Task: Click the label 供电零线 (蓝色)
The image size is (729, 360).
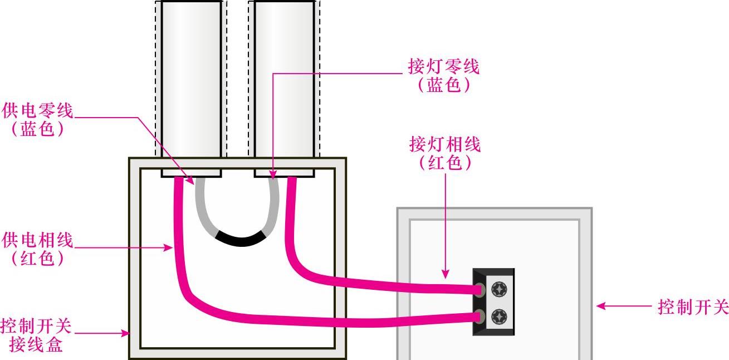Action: tap(37, 119)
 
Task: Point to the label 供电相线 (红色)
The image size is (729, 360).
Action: tap(37, 249)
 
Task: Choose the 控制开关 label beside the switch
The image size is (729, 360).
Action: tap(693, 306)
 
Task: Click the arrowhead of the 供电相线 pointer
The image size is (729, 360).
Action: tap(169, 249)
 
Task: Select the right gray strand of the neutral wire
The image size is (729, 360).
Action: tap(273, 206)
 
